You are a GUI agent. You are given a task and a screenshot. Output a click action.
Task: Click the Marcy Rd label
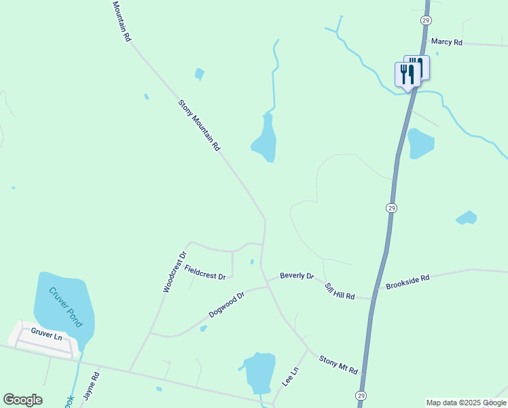(x=446, y=42)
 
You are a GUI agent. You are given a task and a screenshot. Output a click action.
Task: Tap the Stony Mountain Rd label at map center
(x=199, y=125)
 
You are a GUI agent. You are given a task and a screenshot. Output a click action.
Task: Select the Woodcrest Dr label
(x=174, y=273)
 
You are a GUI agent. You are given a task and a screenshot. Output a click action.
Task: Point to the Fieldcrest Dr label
(x=204, y=271)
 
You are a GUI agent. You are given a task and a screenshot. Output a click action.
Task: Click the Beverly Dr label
(x=297, y=276)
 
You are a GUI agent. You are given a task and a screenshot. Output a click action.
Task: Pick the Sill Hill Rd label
(x=340, y=292)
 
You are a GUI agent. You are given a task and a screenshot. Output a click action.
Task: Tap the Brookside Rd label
(x=407, y=282)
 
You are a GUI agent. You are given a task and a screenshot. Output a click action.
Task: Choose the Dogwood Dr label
(x=226, y=305)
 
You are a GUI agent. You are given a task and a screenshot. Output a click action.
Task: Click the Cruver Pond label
(x=65, y=307)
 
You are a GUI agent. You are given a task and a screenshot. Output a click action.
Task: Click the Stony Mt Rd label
(x=338, y=364)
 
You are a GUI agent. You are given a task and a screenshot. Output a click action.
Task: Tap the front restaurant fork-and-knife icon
(x=407, y=74)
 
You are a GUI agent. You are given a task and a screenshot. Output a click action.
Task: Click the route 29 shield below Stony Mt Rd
(x=361, y=396)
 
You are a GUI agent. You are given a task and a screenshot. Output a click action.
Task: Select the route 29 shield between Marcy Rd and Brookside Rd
(x=391, y=207)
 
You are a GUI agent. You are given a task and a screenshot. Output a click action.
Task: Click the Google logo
(x=22, y=400)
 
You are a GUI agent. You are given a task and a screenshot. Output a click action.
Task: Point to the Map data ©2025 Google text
(x=466, y=403)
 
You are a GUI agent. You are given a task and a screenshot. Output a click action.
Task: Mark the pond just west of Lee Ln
(x=259, y=372)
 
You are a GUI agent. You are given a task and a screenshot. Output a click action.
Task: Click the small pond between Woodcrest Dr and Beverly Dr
(x=252, y=261)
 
